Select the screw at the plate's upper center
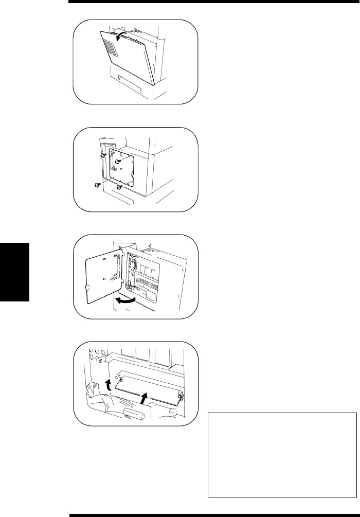tap(118, 161)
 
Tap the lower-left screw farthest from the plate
tap(97, 185)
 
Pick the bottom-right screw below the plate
tap(119, 187)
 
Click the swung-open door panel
tap(102, 278)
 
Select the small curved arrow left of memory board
tap(107, 384)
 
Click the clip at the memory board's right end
tap(181, 397)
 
